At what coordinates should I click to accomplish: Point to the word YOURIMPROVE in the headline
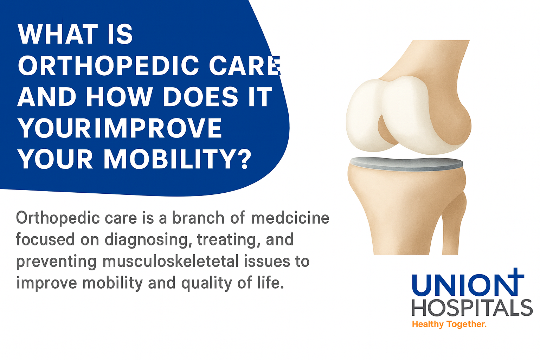coord(120,128)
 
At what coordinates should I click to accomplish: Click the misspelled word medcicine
coord(290,218)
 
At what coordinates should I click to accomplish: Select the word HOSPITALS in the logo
coord(472,308)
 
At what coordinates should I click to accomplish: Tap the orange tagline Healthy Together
coord(449,324)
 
